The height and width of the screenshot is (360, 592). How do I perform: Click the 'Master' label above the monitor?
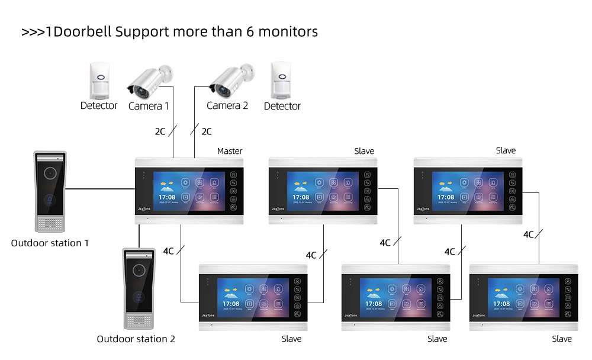230,151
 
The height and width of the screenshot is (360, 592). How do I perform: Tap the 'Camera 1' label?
149,106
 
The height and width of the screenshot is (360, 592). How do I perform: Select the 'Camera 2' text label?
227,106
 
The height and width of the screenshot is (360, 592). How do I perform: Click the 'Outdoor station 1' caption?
50,243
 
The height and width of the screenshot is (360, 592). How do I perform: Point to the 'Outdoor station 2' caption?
136,339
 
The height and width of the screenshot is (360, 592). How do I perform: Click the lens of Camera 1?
140,92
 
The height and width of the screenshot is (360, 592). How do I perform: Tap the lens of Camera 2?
222,91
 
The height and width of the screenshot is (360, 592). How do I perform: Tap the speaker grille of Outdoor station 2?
139,320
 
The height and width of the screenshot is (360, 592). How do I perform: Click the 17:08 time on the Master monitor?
166,197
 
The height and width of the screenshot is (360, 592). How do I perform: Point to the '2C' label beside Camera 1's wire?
160,131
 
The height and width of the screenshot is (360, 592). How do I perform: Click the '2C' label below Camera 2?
207,131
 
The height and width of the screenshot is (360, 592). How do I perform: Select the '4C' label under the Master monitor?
168,251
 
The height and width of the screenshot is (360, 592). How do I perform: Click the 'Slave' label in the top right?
506,151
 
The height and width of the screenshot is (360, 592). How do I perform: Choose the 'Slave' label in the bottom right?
562,339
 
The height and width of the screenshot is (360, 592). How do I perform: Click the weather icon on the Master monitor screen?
166,184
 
